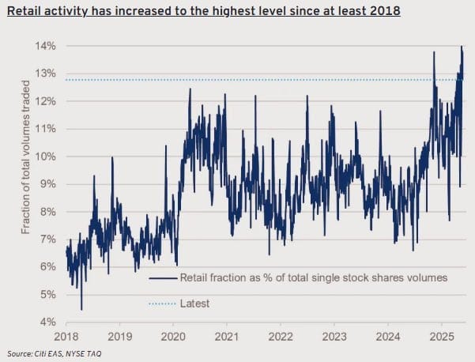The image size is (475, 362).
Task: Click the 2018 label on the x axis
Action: [66, 336]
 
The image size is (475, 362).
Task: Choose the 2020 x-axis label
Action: [173, 336]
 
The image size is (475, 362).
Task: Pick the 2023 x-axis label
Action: [334, 336]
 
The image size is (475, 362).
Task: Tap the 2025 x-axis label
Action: [441, 336]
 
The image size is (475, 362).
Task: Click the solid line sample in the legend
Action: [161, 278]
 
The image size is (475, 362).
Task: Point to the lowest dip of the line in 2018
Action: [81, 309]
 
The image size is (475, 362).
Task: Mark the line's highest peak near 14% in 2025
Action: [462, 47]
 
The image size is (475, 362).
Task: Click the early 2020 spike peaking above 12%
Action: [190, 89]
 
